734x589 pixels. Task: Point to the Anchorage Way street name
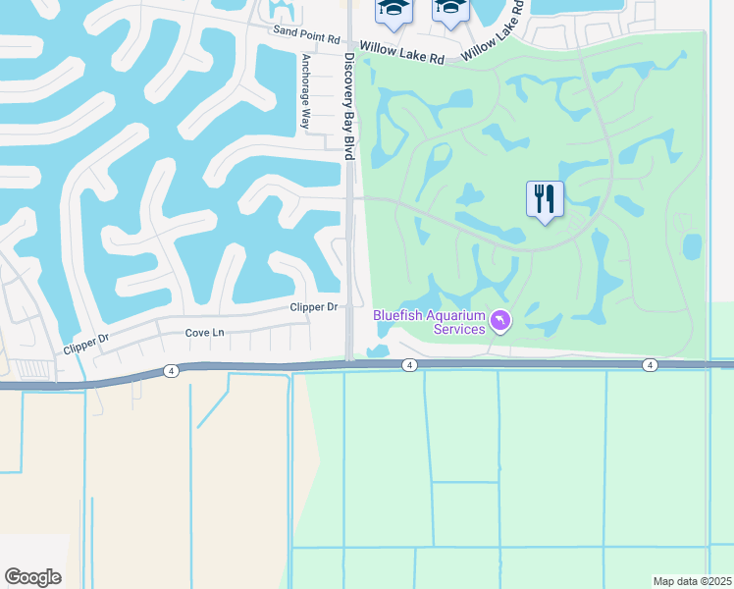coord(305,91)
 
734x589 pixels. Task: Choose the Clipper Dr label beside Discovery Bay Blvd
coord(314,307)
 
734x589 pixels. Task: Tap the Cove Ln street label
coord(205,333)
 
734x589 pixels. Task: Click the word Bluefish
coord(397,315)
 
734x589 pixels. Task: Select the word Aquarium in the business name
coord(455,315)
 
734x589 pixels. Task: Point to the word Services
coord(460,329)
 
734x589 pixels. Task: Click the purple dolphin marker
coord(500,322)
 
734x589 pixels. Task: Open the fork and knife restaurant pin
coord(545,199)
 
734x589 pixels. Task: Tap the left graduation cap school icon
coord(393,9)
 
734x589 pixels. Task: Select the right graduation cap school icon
coord(449,9)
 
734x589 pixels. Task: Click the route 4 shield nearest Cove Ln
coord(172,370)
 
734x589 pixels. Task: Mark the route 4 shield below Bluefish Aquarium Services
coord(409,365)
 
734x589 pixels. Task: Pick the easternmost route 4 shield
coord(650,365)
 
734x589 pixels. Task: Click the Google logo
coord(32,577)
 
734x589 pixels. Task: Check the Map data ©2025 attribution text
coord(692,581)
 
